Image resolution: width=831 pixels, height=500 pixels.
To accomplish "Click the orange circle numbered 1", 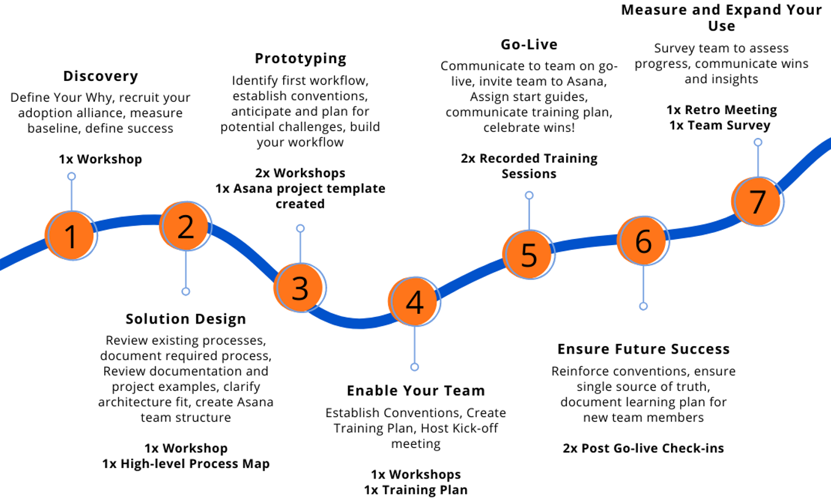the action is (x=70, y=235).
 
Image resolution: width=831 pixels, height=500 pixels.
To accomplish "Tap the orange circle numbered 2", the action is (x=185, y=226).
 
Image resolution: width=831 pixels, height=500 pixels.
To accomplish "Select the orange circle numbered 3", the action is (x=300, y=287).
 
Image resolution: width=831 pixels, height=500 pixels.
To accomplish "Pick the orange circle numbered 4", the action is (x=414, y=301).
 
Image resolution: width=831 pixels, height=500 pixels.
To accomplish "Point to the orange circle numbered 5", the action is (x=529, y=254).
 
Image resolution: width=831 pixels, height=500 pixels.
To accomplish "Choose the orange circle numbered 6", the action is (x=643, y=240).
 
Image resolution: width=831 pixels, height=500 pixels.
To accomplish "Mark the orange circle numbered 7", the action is (x=757, y=202).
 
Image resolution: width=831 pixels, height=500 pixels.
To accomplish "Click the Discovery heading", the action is (x=101, y=76).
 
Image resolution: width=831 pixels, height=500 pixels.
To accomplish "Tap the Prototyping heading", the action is (x=300, y=59).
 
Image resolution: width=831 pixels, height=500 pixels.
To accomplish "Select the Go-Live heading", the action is (x=529, y=45).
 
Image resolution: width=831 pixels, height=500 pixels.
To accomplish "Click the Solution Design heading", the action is (x=186, y=319).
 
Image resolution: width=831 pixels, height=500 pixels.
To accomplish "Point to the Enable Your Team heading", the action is (x=416, y=390).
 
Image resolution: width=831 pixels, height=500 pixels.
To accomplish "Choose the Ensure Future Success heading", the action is (x=643, y=349).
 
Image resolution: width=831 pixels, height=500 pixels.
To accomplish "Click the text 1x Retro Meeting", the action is (x=721, y=110).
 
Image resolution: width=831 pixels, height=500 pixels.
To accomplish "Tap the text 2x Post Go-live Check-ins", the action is (x=643, y=448).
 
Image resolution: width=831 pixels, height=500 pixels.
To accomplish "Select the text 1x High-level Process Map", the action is (x=186, y=464).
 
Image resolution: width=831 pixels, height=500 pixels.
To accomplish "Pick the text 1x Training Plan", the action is (x=416, y=490).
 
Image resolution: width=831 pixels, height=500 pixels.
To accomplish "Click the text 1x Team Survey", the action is (x=719, y=126).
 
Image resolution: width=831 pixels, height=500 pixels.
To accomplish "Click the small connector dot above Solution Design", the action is (x=186, y=292).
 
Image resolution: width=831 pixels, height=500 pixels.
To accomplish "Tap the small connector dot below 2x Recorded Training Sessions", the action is (x=529, y=195).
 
